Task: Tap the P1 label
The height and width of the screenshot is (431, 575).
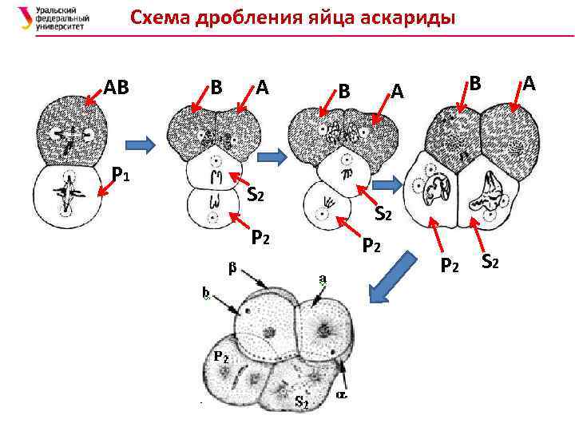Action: coord(121,172)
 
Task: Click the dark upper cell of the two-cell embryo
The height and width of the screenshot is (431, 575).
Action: coord(69,128)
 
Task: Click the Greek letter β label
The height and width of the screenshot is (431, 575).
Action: coord(232,267)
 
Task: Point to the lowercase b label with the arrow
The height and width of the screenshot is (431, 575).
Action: coord(205,294)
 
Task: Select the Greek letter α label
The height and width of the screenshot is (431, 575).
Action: coord(342,394)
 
